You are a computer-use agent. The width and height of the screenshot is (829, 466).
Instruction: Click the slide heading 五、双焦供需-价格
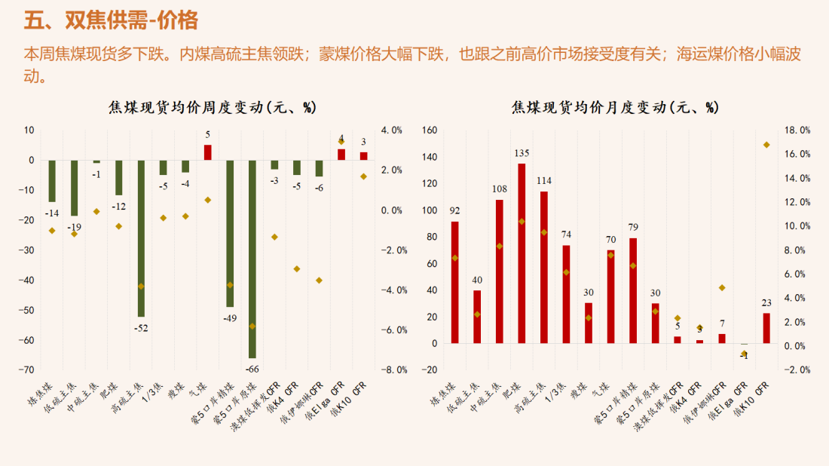point(111,20)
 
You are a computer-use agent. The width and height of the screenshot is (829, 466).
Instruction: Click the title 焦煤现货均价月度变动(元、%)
point(615,108)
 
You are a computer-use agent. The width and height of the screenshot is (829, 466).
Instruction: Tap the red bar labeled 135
point(522,253)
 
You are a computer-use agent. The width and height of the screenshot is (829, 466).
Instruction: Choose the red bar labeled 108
point(499,271)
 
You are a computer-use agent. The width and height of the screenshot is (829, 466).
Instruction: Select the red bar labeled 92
point(454,282)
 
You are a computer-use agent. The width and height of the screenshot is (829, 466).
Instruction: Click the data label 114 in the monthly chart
point(544,181)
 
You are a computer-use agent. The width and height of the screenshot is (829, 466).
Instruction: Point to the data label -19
point(74,227)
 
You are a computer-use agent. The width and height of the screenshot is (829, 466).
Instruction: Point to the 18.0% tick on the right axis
point(797,130)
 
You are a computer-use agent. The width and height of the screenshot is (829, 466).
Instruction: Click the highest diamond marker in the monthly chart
point(766,145)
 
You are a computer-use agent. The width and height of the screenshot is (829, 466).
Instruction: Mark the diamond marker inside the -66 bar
point(252,327)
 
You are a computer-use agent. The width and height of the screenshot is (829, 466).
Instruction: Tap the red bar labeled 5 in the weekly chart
point(208,152)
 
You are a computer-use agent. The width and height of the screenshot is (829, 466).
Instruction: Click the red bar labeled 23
point(766,328)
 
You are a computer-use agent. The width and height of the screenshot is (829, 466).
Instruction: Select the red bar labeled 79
point(633,290)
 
